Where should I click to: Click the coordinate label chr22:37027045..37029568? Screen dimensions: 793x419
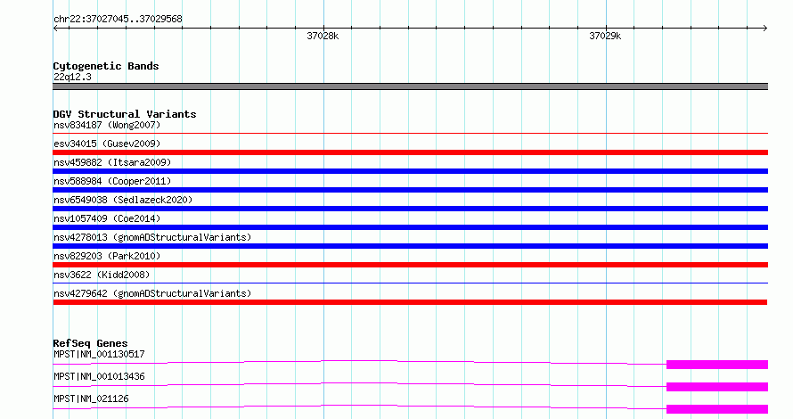(118, 20)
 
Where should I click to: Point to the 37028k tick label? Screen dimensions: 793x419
(323, 36)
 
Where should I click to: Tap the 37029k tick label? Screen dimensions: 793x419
(605, 36)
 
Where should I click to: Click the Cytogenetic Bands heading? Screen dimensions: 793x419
(106, 66)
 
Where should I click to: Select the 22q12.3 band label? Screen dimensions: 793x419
(72, 77)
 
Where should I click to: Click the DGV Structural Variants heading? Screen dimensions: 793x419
(125, 114)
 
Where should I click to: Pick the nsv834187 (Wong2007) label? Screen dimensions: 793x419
(107, 125)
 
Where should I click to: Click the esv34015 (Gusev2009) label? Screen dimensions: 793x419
(107, 144)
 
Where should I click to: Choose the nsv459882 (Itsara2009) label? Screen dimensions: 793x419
(112, 162)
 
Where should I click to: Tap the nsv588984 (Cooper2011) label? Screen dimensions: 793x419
(112, 181)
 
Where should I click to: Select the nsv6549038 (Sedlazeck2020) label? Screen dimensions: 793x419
(123, 200)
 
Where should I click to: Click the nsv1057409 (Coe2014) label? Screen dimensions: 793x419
(107, 218)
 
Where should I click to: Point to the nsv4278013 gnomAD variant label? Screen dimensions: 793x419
(152, 237)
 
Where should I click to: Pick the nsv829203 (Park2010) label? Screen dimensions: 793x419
(107, 256)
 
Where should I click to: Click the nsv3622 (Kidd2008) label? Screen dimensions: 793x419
(102, 275)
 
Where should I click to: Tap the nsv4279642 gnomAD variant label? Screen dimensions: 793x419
(152, 293)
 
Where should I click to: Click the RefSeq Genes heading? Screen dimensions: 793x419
(91, 343)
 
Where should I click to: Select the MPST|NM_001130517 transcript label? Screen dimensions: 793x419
(99, 354)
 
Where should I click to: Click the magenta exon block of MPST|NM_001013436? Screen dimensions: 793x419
(717, 387)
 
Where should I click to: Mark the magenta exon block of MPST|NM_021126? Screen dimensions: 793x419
(717, 409)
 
